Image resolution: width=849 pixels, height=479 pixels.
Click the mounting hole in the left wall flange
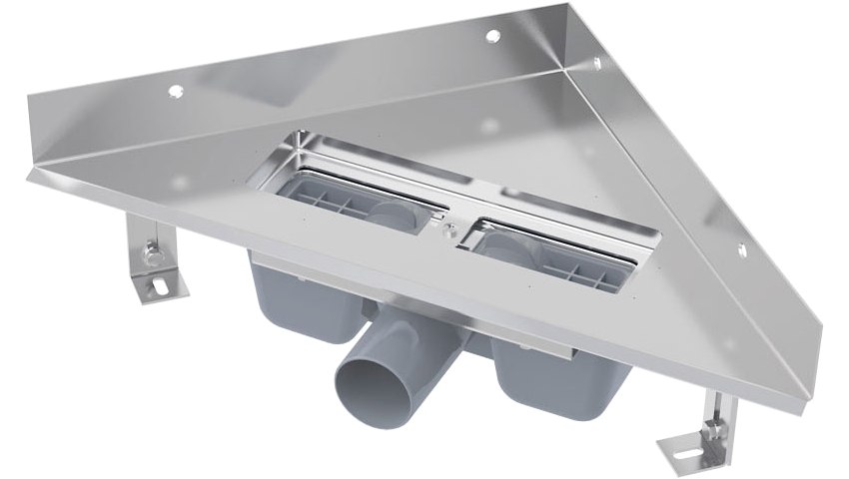pos(176,91)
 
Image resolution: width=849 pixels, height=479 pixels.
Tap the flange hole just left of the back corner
pos(491,36)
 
